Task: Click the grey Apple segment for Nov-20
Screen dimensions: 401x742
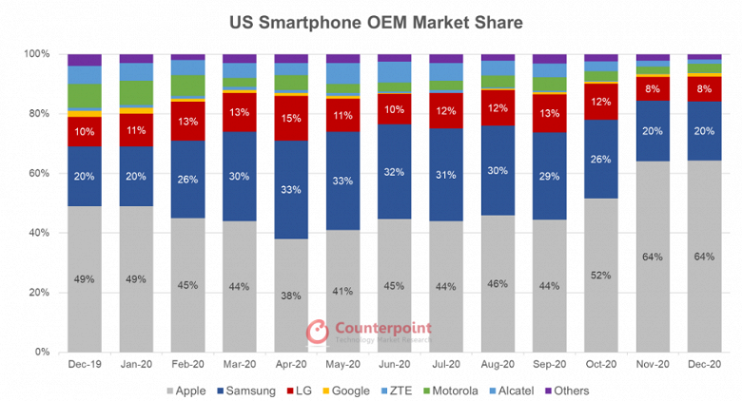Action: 652,257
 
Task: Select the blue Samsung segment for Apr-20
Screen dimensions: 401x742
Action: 290,190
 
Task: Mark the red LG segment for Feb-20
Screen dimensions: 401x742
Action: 187,121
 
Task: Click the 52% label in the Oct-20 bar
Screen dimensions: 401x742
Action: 600,276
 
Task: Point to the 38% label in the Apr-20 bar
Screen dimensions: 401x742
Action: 290,296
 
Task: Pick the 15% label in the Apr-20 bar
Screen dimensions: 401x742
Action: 290,118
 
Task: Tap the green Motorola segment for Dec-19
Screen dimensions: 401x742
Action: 85,96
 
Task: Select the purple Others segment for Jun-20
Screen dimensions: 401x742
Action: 394,58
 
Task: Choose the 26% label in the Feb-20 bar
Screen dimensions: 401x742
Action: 187,180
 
